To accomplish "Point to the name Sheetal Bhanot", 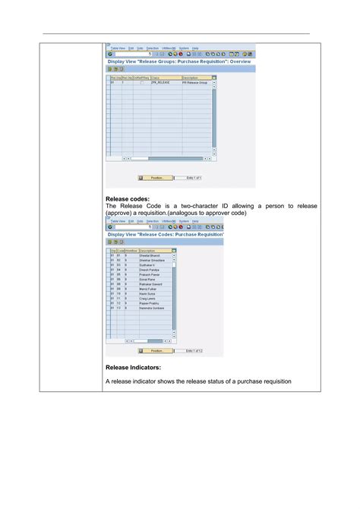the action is click(x=150, y=256).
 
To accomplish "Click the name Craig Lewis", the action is click(x=147, y=300).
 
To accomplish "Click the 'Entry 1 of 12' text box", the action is click(x=194, y=351).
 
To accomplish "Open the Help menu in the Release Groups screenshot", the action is click(x=195, y=48).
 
